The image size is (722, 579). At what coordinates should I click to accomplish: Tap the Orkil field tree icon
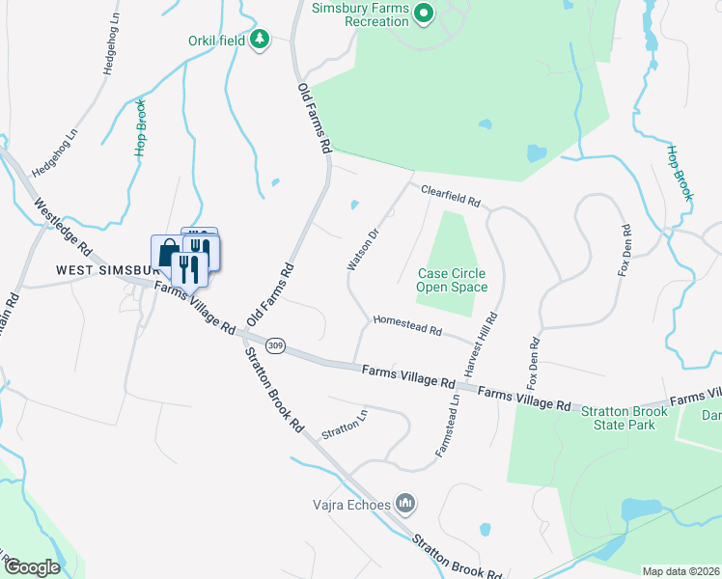pos(259,40)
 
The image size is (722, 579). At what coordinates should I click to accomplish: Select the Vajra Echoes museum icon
pos(406,504)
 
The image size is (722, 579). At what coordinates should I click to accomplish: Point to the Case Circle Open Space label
pos(452,280)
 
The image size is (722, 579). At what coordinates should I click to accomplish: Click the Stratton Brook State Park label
pos(624,417)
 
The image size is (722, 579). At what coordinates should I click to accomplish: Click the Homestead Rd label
pos(406,325)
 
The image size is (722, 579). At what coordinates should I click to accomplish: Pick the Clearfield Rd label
pos(450,196)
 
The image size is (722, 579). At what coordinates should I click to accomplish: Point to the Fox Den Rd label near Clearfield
pos(625,252)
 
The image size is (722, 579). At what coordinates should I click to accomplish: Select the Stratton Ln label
pos(345,422)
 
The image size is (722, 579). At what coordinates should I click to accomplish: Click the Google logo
pos(32,567)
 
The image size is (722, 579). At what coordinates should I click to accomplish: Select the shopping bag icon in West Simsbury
pos(166,253)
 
